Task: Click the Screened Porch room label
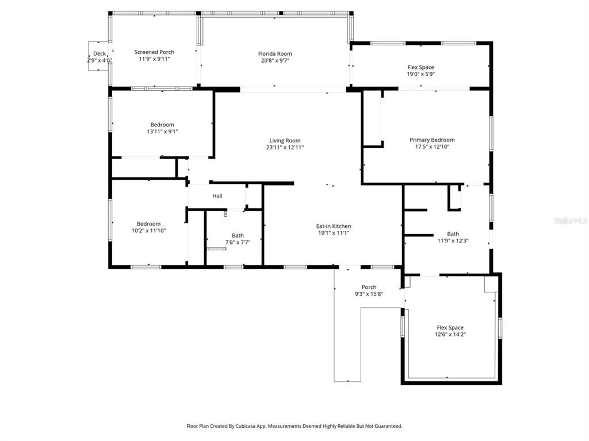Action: pos(154,52)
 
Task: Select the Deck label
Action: pos(99,53)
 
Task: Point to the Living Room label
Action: pos(285,141)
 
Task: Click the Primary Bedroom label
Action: pos(431,140)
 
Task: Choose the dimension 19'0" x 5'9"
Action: pos(420,74)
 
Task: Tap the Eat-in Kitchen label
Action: pos(334,226)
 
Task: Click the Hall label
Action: pos(217,196)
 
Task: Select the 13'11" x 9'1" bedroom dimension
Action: pos(162,131)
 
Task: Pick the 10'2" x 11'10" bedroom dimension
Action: pos(148,231)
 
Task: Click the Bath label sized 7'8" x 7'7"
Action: pos(238,235)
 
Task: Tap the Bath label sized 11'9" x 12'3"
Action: pos(453,234)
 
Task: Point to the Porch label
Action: pos(369,287)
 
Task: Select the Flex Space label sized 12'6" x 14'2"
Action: pos(450,327)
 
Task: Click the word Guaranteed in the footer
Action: pos(388,426)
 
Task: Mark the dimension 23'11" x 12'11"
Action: pos(285,148)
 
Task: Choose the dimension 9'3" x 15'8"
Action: pos(369,294)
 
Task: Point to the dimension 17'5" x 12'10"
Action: pos(431,146)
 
